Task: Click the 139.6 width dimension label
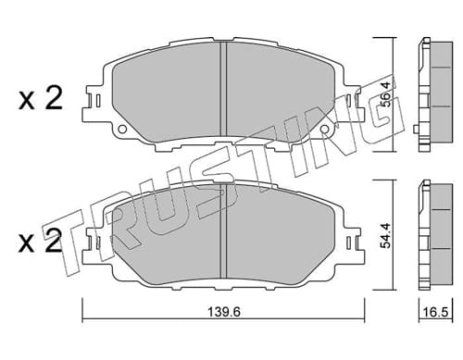(223, 312)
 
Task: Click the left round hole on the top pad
(122, 129)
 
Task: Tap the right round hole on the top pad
(324, 129)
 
